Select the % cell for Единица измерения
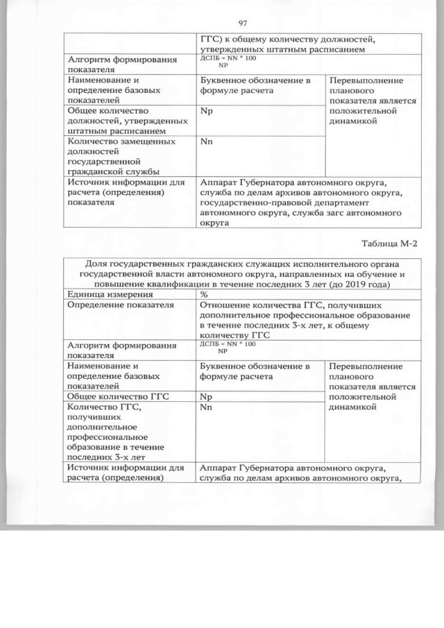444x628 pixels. [x=205, y=294]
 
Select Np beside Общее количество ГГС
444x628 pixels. [x=205, y=396]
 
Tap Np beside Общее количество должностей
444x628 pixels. [x=205, y=110]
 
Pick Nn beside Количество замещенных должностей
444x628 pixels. [x=205, y=141]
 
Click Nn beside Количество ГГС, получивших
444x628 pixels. [x=205, y=407]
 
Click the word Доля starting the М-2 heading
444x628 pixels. [x=97, y=264]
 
